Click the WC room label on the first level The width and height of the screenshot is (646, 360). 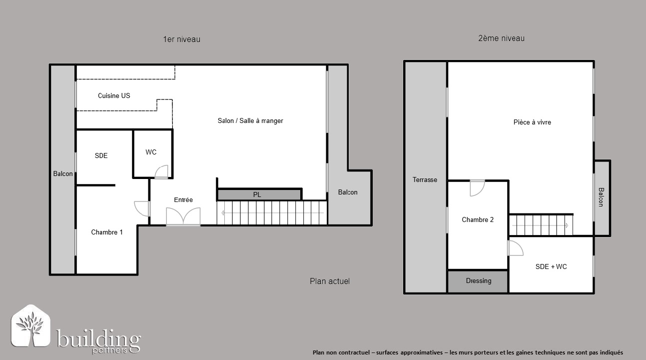coord(151,152)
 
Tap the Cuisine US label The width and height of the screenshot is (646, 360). coord(114,95)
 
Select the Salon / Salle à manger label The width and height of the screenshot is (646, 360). coord(250,120)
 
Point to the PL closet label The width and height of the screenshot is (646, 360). coord(257,195)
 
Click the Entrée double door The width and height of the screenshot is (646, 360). coord(183,216)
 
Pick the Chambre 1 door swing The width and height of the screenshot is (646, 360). coord(142,208)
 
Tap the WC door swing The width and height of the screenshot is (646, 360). coord(161,172)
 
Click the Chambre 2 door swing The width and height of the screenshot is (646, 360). coord(477,188)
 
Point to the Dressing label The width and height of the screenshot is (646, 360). coord(479,280)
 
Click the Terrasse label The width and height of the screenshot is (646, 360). coord(425,179)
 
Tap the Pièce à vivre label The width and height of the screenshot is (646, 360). coord(532,122)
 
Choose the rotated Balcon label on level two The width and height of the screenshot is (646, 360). coord(601,197)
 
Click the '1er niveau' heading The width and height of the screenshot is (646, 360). coord(182,39)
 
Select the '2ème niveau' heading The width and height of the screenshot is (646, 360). coord(501,38)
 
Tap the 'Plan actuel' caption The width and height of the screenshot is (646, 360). coord(330,281)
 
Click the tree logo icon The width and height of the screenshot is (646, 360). coord(30,325)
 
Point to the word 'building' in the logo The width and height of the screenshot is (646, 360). coord(98,338)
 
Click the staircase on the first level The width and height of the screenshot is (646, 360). coord(272,213)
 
